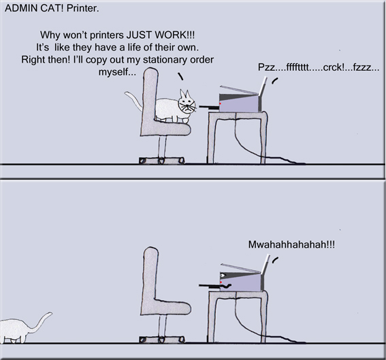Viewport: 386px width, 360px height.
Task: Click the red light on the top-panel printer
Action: point(223,102)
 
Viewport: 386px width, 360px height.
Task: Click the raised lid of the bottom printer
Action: point(241,267)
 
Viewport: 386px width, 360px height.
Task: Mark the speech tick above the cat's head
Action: point(180,77)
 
